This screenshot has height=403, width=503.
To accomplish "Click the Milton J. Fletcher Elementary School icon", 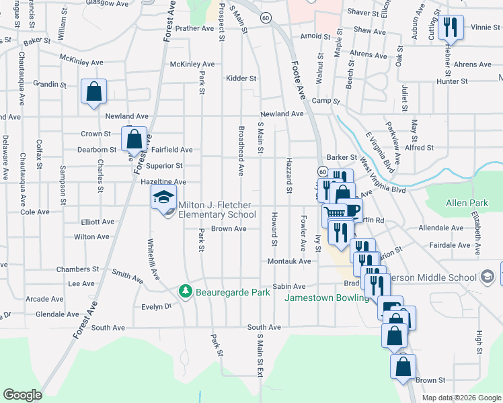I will [163, 198].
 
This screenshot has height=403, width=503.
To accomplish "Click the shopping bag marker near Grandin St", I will [94, 91].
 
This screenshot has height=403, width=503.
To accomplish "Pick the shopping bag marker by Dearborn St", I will [134, 139].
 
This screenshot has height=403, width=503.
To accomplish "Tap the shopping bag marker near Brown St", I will [403, 367].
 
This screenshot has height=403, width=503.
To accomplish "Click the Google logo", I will [22, 394].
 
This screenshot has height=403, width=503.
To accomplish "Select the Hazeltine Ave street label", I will [163, 182].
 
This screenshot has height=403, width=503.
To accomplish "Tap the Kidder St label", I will [242, 79].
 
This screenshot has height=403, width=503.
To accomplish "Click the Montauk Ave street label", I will [289, 261].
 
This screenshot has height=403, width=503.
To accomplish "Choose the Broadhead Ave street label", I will [240, 150].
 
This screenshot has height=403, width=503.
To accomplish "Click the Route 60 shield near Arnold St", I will [266, 17].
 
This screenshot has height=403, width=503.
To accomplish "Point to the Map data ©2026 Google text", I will [461, 398].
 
